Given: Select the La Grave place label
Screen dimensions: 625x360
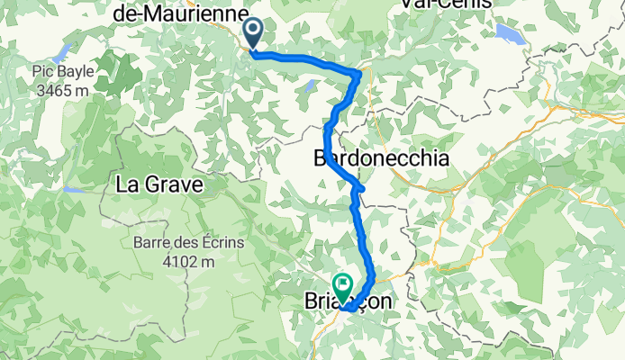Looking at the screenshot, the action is (158, 185).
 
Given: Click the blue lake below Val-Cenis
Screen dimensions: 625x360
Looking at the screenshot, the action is (511, 35).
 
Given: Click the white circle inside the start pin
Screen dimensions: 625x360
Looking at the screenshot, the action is (253, 31).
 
